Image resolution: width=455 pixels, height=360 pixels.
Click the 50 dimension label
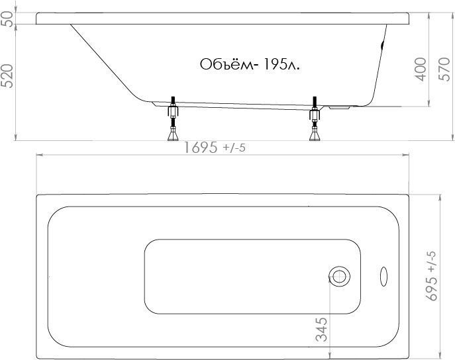[x=8, y=19]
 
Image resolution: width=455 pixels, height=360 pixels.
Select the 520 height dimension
[x=7, y=76]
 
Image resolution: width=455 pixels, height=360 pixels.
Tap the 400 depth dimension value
[x=421, y=69]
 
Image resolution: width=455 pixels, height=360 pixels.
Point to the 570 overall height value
[x=444, y=69]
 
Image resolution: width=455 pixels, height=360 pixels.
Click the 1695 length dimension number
[x=201, y=148]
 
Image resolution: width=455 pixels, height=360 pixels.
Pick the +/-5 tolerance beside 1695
[x=234, y=148]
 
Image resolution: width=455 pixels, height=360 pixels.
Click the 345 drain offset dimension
[x=321, y=330]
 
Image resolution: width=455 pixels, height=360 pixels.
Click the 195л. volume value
[x=281, y=65]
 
